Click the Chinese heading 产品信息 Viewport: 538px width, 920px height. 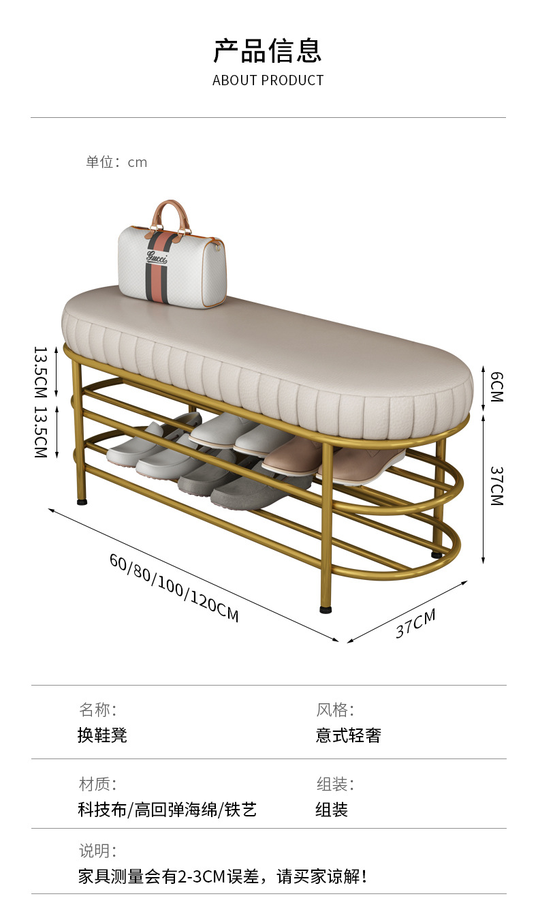[x=268, y=51]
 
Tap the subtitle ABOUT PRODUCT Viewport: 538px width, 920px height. [x=268, y=80]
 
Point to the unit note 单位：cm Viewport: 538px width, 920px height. [x=116, y=162]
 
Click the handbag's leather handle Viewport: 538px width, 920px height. [x=171, y=213]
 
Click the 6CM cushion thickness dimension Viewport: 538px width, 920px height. [x=496, y=386]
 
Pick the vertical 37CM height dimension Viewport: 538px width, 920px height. [x=496, y=485]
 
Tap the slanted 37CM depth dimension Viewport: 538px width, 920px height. [x=415, y=624]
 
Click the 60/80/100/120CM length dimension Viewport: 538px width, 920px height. [x=174, y=587]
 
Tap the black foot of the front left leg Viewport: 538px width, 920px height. [x=82, y=502]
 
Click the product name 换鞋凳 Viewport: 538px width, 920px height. [x=102, y=735]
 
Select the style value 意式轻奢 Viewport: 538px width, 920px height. [x=348, y=735]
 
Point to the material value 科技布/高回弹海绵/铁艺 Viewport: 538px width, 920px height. [x=168, y=810]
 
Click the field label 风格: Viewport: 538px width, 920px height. [x=335, y=710]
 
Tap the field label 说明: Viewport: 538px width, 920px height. [x=97, y=850]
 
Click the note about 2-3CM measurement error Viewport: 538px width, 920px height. [x=223, y=876]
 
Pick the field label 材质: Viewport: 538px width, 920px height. [x=97, y=784]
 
